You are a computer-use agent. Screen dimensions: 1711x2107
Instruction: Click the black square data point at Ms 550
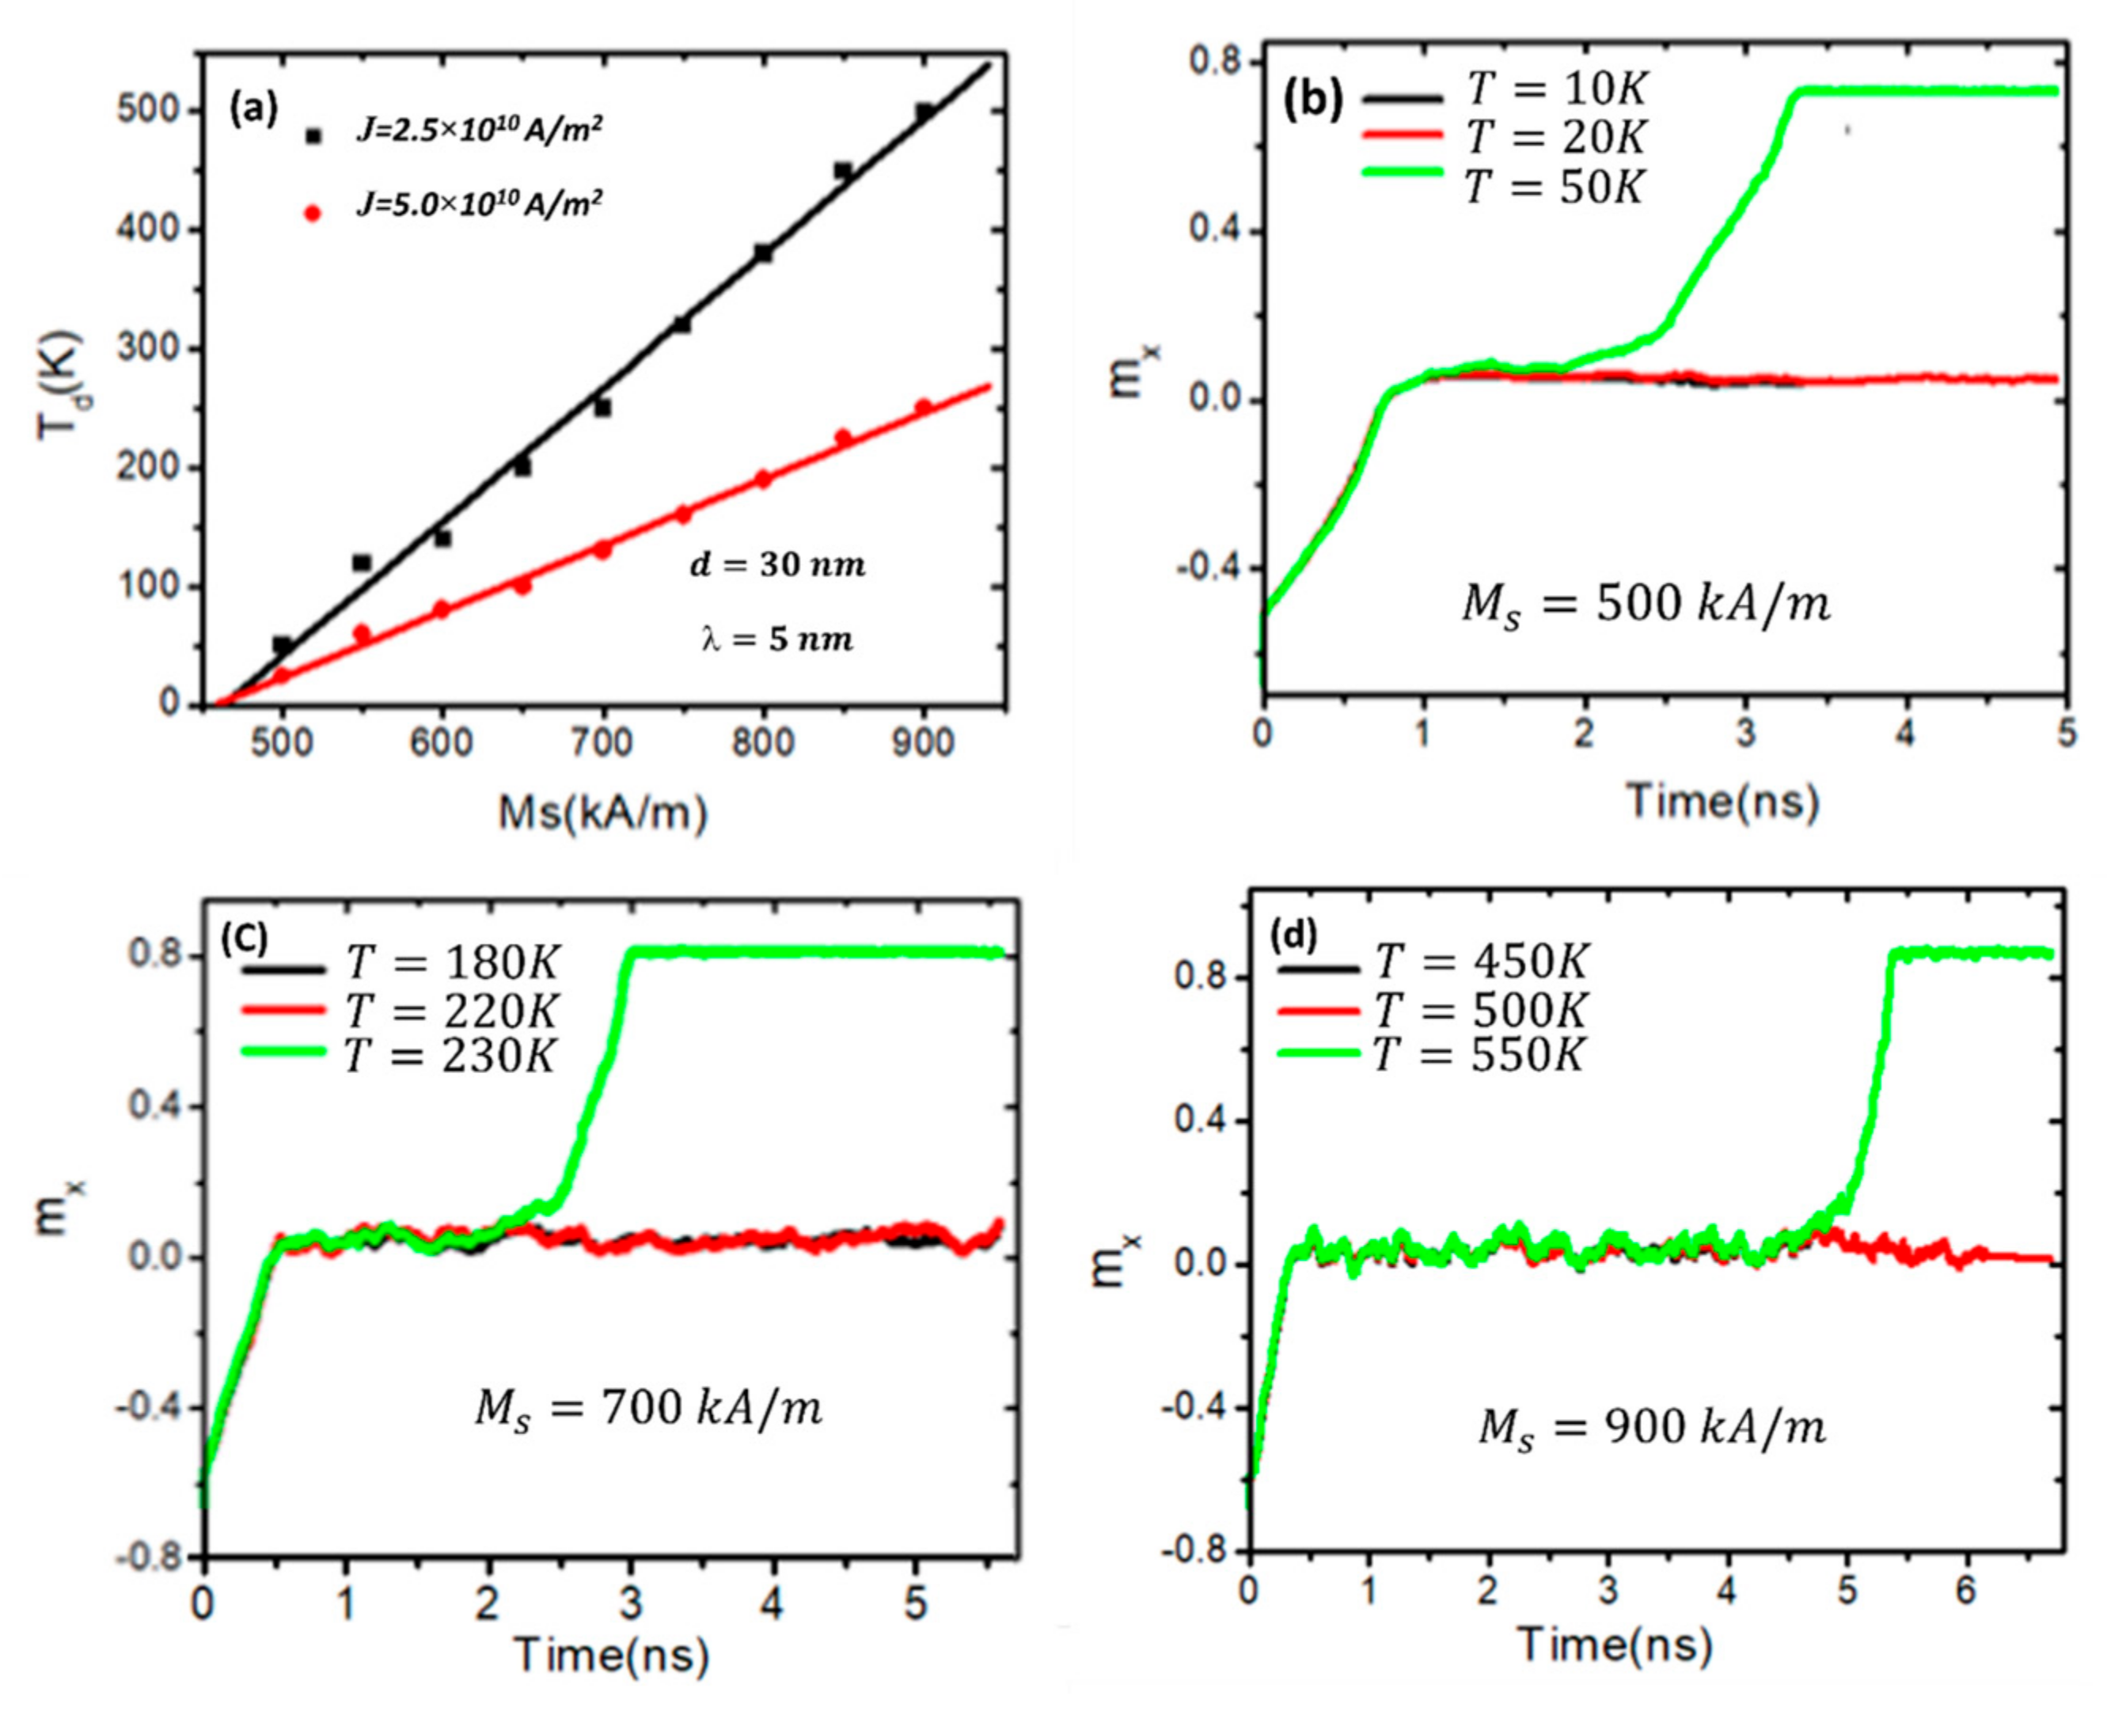pos(362,563)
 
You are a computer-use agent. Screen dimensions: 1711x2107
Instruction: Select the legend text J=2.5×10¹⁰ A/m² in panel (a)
pos(479,131)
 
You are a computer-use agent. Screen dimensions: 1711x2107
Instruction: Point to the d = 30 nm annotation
pos(776,566)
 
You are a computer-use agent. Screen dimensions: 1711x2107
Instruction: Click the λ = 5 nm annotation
pos(776,639)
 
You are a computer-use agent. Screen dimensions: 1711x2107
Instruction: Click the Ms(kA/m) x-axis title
pos(602,814)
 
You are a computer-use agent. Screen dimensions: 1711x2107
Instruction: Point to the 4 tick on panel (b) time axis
pos(1906,734)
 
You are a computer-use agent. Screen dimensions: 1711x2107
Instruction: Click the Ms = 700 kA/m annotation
pos(647,1409)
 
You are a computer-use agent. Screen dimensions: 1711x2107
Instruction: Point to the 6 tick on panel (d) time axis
pos(1966,1591)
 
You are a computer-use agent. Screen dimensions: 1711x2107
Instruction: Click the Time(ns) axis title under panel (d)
pos(1614,1644)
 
